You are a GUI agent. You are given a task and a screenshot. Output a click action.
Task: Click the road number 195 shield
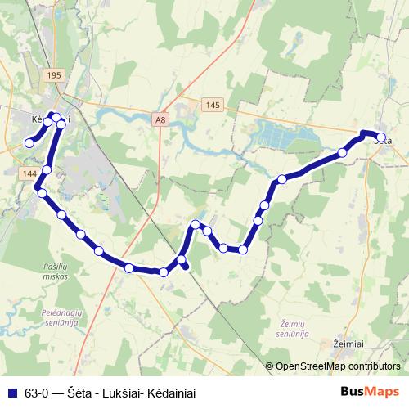pyautogui.click(x=55, y=75)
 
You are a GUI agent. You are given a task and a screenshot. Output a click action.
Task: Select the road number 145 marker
pyautogui.click(x=213, y=104)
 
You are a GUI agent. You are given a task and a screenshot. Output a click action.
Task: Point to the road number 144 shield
pyautogui.click(x=30, y=173)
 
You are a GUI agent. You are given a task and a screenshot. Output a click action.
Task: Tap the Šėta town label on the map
pyautogui.click(x=383, y=140)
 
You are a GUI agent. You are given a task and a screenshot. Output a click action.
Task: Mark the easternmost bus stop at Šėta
pyautogui.click(x=381, y=137)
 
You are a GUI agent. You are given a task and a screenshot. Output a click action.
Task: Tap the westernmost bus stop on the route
pyautogui.click(x=29, y=143)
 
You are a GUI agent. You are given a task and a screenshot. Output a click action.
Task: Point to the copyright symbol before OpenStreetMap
pyautogui.click(x=271, y=366)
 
